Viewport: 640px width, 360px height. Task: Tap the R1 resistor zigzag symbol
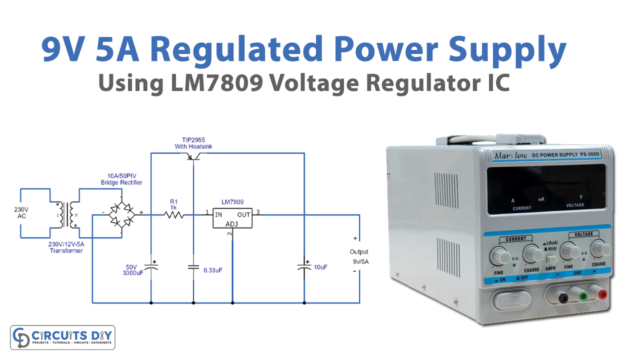pos(175,214)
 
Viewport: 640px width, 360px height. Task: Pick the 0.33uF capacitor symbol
pos(194,266)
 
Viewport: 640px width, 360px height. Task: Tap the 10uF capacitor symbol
pos(303,266)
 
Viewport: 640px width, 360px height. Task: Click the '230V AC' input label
pos(25,213)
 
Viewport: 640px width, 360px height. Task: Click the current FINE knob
pos(498,257)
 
